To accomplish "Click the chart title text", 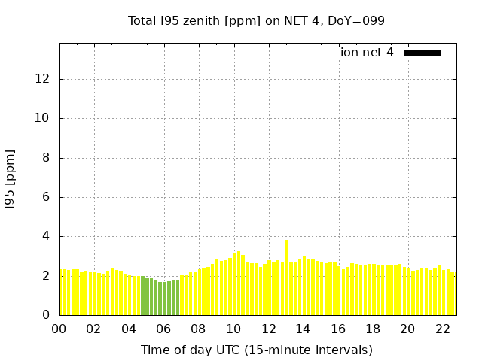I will [256, 20].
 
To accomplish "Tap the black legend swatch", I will [422, 53].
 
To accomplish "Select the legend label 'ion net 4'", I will [367, 53].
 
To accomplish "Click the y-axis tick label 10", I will [43, 118].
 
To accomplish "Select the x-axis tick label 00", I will [59, 329].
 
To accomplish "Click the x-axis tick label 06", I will [164, 329].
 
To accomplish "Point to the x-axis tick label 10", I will [233, 329].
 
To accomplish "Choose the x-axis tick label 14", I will [303, 329].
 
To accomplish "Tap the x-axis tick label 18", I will [373, 329].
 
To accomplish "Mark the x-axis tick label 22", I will [442, 329].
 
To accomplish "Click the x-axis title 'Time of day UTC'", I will [256, 350].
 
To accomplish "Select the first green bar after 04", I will [142, 296].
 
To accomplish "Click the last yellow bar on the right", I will [453, 294].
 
